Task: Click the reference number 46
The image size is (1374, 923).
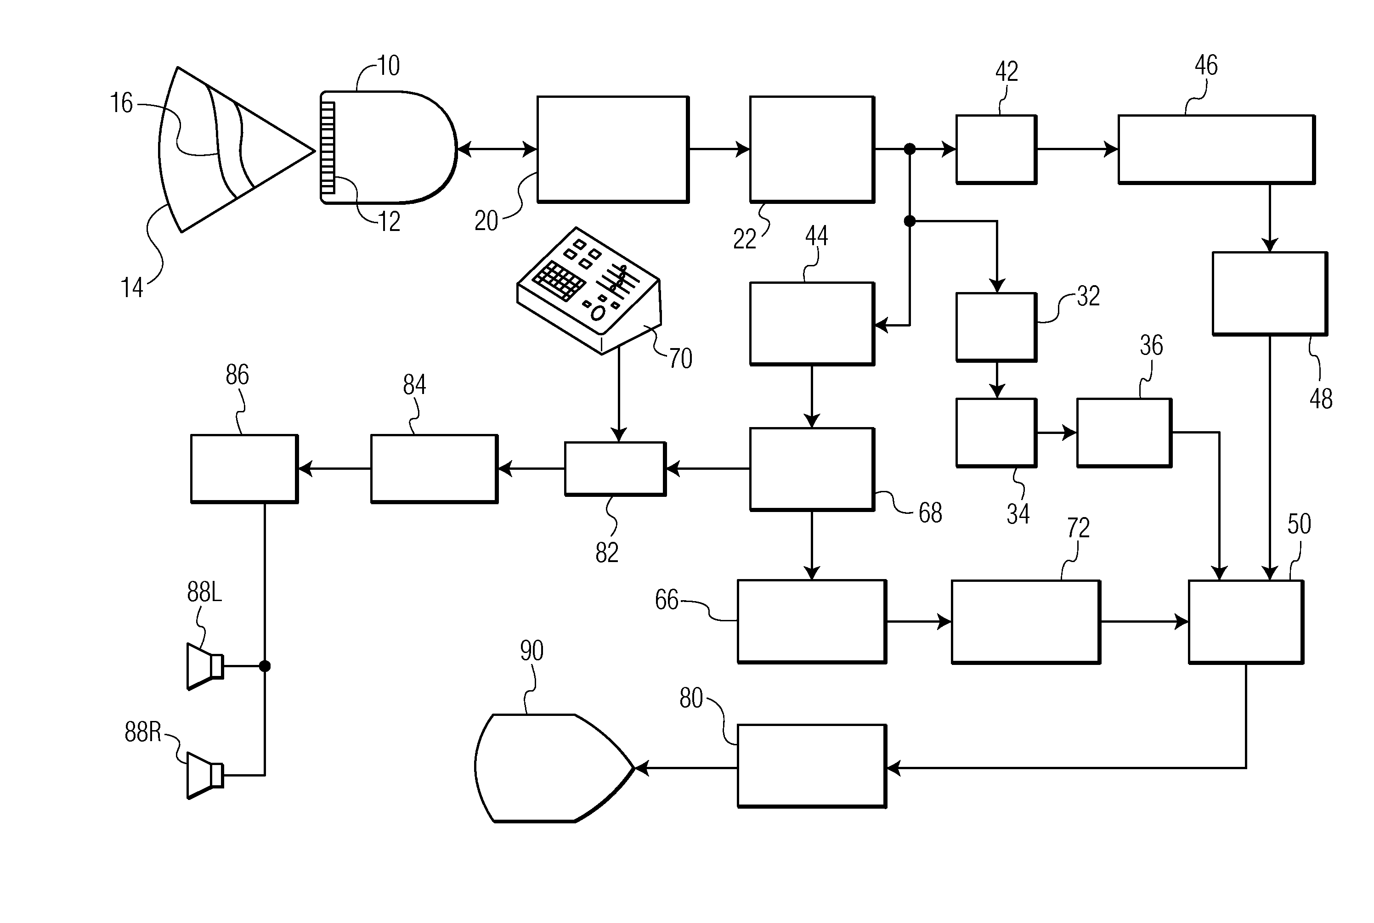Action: click(1205, 65)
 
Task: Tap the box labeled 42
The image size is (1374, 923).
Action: click(996, 150)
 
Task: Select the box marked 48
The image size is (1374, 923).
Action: click(1270, 294)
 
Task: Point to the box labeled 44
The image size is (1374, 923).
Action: click(812, 324)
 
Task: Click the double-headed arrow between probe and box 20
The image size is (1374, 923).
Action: click(498, 150)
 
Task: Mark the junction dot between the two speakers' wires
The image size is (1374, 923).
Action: click(265, 666)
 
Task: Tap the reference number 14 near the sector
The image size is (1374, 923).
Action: click(132, 288)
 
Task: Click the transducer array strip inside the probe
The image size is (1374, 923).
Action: click(328, 148)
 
